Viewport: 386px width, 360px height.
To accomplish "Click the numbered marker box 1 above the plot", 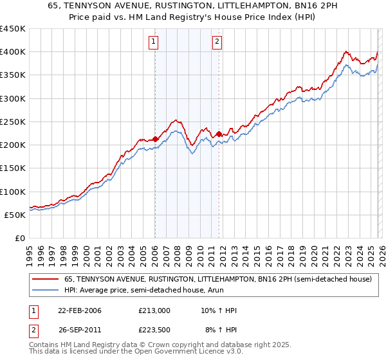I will [x=154, y=42].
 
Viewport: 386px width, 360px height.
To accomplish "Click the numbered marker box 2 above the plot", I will [x=217, y=42].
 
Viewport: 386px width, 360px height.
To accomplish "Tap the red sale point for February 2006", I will [x=155, y=139].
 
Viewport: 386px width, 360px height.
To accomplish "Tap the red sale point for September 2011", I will [x=219, y=134].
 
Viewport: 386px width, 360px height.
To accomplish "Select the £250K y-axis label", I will [x=13, y=122].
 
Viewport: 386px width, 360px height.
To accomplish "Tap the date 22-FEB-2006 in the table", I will [x=80, y=310].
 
